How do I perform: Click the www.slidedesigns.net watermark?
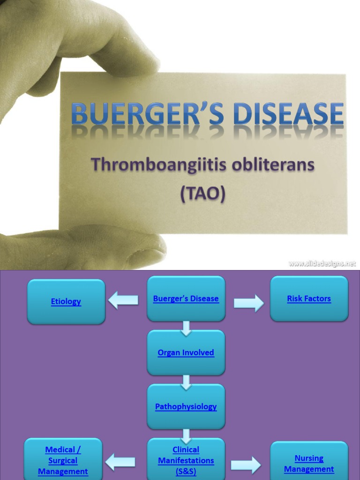(x=322, y=263)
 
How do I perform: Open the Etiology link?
(x=66, y=301)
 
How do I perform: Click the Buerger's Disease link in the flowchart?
(x=186, y=299)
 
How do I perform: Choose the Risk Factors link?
(x=309, y=299)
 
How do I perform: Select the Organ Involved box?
(x=186, y=352)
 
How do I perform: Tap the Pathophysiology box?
(x=186, y=406)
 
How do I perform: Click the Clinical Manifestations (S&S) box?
(x=186, y=460)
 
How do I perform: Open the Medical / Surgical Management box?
(x=63, y=460)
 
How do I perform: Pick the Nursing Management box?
(x=309, y=463)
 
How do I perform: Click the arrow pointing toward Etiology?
(x=123, y=300)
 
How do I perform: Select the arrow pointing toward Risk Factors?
(x=248, y=303)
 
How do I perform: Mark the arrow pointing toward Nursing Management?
(x=246, y=465)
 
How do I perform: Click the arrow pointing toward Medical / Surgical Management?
(x=120, y=462)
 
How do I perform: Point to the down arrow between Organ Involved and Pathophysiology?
(x=186, y=382)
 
